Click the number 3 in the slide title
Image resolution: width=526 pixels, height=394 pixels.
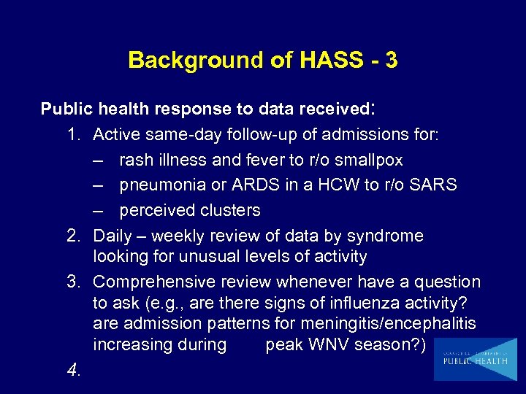click(391, 60)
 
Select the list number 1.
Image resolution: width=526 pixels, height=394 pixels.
click(73, 135)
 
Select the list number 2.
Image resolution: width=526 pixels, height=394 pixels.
click(73, 236)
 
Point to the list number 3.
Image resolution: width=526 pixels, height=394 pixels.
click(73, 282)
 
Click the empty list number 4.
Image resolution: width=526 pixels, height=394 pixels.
click(73, 371)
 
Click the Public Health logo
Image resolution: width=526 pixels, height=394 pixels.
click(475, 360)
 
